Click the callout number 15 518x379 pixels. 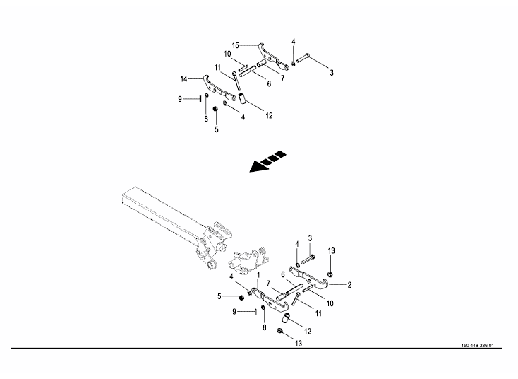[x=235, y=45]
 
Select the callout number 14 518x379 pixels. [x=183, y=79]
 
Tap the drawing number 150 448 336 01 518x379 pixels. [x=477, y=346]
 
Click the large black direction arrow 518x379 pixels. [x=267, y=161]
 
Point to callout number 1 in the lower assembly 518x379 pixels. [x=258, y=275]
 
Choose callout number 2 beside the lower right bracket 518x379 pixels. [x=349, y=285]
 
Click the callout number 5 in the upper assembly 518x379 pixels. [x=217, y=129]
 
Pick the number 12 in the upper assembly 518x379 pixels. [x=269, y=115]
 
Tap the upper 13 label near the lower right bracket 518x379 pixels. [x=332, y=251]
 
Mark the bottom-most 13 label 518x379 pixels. [x=299, y=344]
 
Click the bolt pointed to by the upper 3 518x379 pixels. [x=303, y=58]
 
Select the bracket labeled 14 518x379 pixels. [x=219, y=88]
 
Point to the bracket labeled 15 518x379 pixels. [x=273, y=57]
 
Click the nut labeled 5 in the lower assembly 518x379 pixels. [x=241, y=298]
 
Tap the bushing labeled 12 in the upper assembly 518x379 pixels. [x=242, y=98]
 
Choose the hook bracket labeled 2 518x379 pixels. [x=308, y=277]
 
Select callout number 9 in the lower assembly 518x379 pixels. [x=234, y=312]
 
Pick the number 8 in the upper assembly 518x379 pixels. [x=206, y=119]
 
